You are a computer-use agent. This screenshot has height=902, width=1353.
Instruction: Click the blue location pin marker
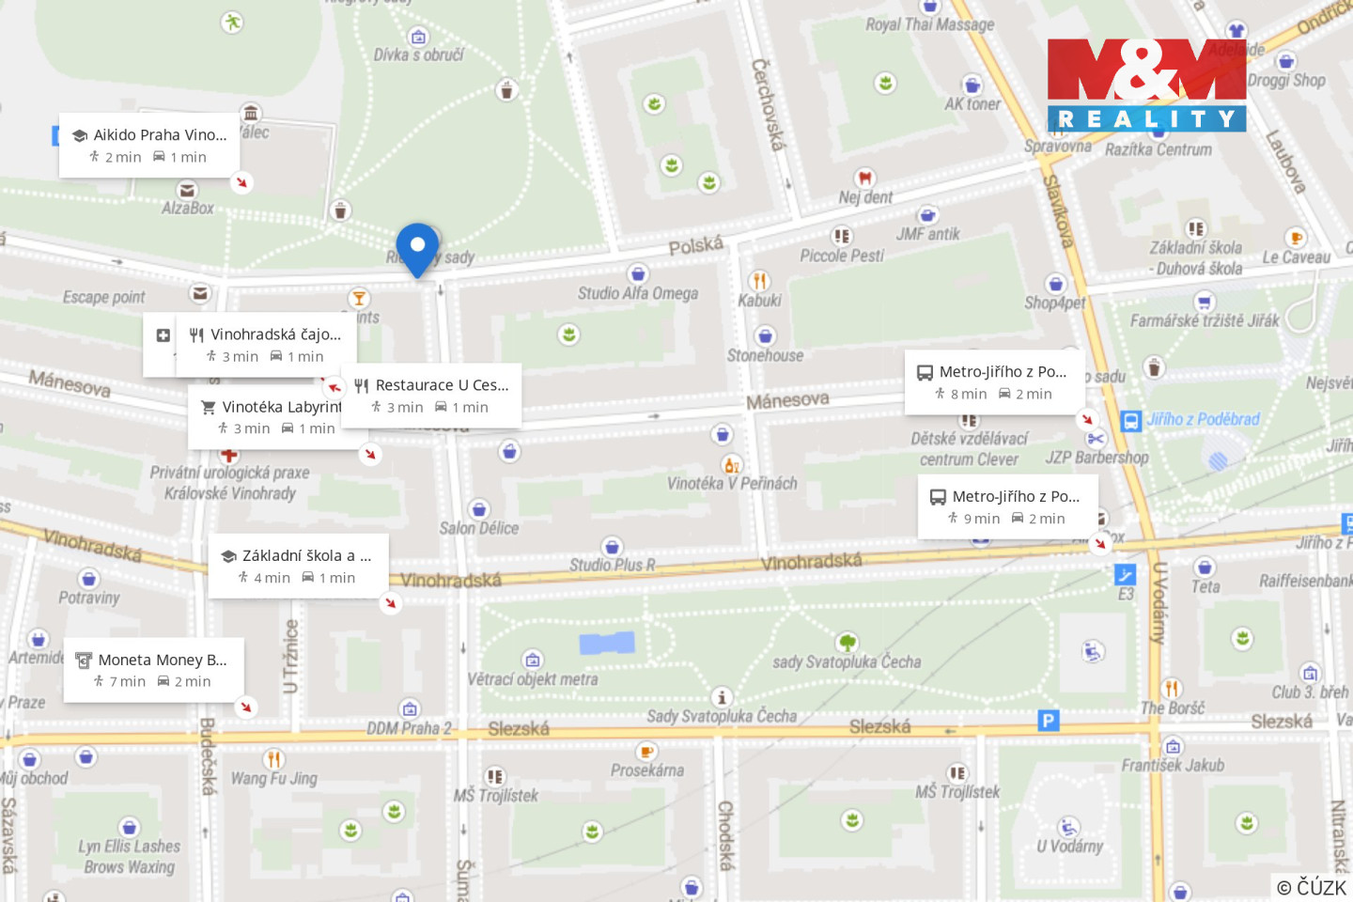click(417, 248)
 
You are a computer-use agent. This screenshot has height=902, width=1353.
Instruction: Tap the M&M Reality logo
click(1146, 85)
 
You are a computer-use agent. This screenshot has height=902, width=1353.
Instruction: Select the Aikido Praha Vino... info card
click(147, 145)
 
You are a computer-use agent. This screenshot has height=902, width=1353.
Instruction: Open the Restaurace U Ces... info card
click(431, 396)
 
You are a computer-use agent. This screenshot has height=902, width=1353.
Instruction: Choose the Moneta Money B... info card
click(153, 670)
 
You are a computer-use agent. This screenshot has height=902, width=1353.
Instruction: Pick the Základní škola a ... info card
click(298, 566)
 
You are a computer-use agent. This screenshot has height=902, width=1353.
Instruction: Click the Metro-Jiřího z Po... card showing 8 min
click(994, 382)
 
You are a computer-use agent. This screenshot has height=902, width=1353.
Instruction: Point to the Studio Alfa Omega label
click(638, 293)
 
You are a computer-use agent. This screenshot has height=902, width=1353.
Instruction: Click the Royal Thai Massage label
click(929, 24)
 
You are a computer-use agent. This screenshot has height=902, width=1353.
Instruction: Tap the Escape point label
click(103, 297)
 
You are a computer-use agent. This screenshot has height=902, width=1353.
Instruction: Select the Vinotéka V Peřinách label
click(732, 483)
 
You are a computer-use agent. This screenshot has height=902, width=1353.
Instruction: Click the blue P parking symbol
click(1048, 721)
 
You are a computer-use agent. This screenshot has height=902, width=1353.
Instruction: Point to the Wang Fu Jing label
click(274, 778)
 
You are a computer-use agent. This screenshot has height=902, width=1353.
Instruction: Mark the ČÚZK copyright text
click(1312, 887)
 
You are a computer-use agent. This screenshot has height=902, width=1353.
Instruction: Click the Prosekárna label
click(647, 770)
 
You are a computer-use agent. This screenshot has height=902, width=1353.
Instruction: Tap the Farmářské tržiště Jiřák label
click(1204, 320)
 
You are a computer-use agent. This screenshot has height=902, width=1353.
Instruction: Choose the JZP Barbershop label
click(1096, 458)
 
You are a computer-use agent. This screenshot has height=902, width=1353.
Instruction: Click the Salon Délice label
click(479, 528)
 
